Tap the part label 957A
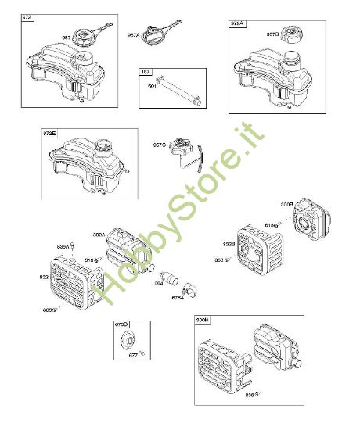pos(134,34)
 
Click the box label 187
pos(146,72)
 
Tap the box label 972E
pos(50,134)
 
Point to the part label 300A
pos(99,234)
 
